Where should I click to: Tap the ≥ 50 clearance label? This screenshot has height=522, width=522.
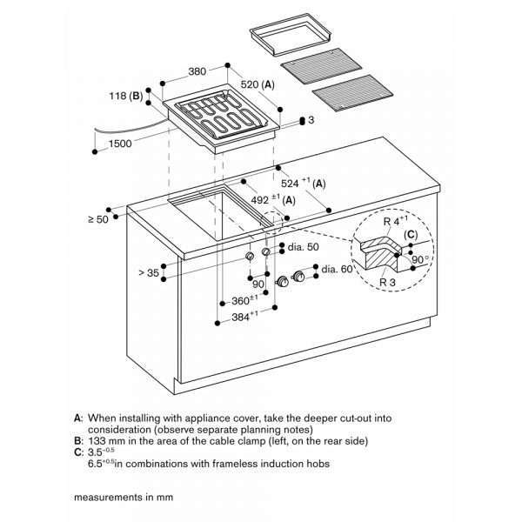pos(98,218)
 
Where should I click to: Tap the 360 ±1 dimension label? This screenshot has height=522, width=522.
pos(244,301)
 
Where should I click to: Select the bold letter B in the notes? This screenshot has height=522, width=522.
pos(78,441)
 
